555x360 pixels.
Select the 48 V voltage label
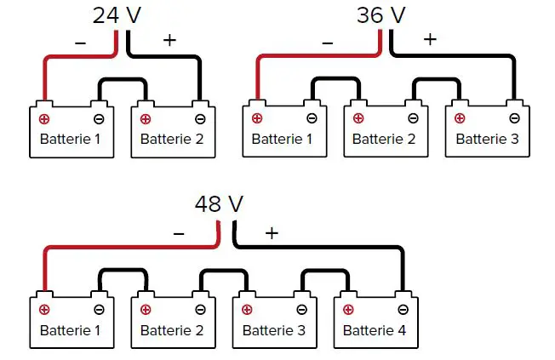pos(219,204)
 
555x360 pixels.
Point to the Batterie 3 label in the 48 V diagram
pos(273,329)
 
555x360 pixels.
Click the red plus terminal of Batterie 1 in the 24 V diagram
pos(44,119)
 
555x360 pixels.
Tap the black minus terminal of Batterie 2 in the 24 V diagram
pos(200,119)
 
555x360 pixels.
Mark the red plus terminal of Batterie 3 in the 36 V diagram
pos(460,119)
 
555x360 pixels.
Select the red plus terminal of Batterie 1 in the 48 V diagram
pos(44,310)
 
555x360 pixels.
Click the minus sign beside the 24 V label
pos(80,40)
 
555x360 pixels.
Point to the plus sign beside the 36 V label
pos(429,39)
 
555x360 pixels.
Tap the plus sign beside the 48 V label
pos(272,232)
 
